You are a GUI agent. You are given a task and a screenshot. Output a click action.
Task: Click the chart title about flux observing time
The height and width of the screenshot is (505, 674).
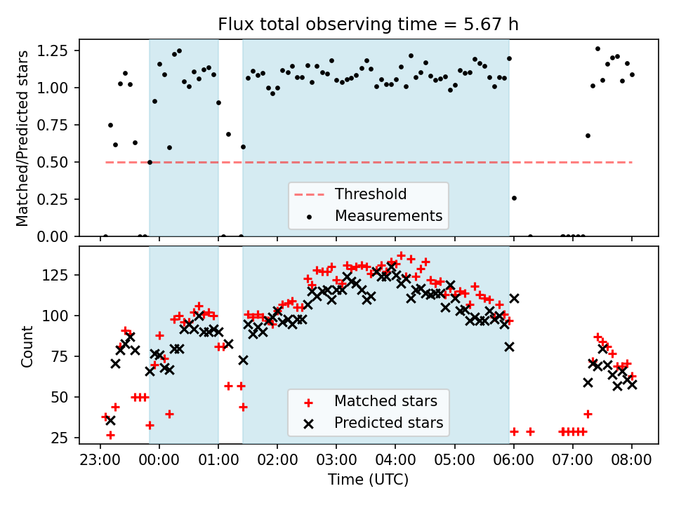369,25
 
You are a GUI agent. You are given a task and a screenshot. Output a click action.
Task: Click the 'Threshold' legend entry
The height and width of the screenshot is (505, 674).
371,194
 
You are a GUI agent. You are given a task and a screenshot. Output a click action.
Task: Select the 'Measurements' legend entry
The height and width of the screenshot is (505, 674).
388,215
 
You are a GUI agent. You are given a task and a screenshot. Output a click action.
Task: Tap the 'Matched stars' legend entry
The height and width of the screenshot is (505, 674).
385,401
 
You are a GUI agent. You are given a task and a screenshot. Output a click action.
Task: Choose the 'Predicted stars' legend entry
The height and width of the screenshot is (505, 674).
388,423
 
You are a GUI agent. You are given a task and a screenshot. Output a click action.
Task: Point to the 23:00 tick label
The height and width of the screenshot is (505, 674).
100,461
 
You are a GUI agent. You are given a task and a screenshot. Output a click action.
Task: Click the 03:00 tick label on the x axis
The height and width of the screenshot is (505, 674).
336,461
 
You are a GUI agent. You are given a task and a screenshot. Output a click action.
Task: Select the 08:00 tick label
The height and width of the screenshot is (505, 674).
631,461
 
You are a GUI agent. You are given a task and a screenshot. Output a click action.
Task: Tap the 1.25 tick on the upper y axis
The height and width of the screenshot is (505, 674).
59,51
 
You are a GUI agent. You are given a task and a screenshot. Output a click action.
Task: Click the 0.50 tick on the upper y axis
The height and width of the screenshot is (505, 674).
59,162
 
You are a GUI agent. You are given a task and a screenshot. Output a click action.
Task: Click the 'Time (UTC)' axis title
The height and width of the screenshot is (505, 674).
369,480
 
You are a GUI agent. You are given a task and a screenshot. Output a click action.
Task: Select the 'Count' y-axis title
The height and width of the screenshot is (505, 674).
27,346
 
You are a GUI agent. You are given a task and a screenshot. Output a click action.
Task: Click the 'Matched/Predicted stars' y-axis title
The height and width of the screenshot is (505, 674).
23,138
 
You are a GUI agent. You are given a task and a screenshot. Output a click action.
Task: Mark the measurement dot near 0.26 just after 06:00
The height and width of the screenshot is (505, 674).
514,198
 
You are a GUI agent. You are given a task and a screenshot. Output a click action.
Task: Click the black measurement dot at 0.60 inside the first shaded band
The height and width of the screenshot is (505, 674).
169,147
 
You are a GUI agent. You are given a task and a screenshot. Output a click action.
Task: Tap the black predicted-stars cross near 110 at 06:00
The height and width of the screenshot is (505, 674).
514,298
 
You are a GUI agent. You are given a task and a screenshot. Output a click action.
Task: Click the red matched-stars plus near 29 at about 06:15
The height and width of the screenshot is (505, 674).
530,431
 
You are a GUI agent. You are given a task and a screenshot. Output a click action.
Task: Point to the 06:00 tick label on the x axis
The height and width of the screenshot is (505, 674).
513,461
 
